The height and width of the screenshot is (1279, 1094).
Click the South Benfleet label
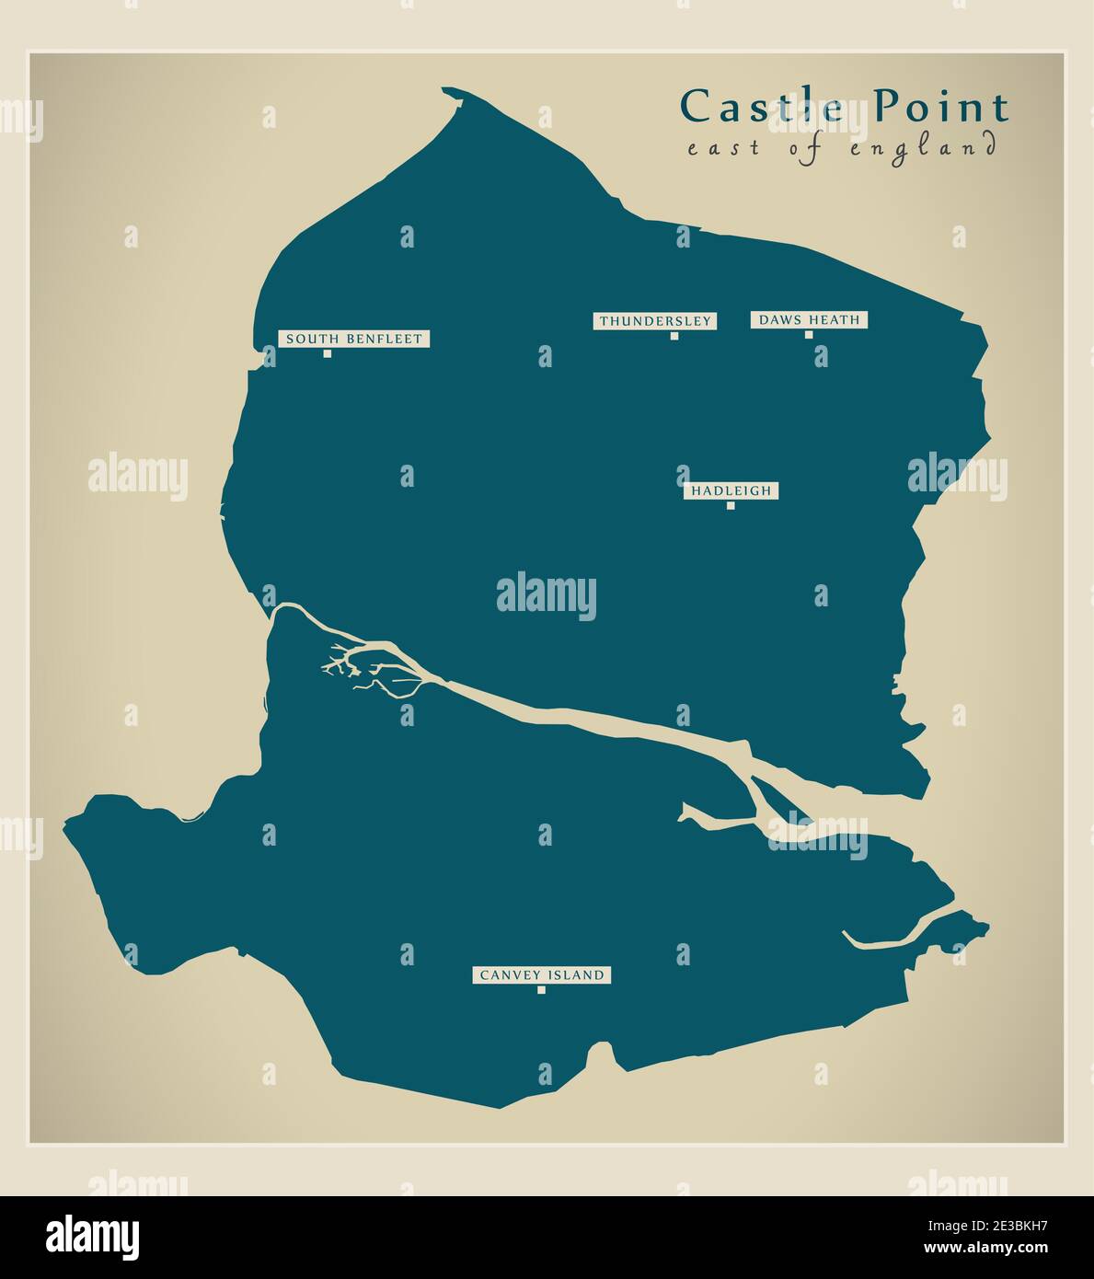[354, 339]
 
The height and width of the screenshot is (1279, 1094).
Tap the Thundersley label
[655, 321]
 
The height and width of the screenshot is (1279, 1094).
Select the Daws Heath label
[810, 320]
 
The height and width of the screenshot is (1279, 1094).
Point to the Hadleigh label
[731, 491]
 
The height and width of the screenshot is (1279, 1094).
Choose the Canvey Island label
[541, 975]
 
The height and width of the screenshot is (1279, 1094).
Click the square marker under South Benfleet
[327, 353]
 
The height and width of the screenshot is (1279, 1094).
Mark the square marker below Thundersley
[674, 336]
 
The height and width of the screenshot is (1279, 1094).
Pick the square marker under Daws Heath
[810, 335]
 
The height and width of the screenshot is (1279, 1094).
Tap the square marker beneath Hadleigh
[731, 506]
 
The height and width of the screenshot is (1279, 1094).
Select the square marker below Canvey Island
[541, 990]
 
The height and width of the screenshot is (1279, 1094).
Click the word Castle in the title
[762, 107]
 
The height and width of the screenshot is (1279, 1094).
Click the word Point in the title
[940, 107]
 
